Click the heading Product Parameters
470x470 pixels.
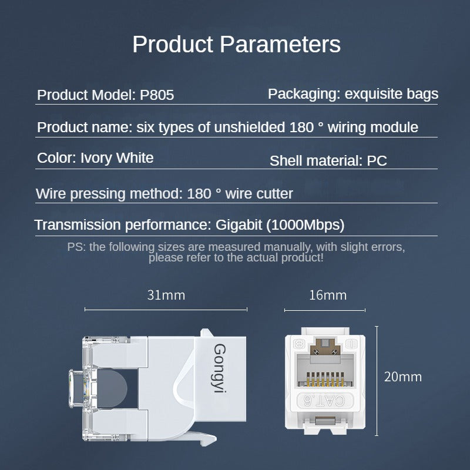point(236,45)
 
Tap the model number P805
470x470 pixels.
point(157,95)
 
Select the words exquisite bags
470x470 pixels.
point(391,93)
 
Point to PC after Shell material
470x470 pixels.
point(377,160)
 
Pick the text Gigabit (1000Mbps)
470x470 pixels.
point(280,224)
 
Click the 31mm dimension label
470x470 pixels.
point(166,295)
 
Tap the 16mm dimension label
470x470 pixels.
point(327,295)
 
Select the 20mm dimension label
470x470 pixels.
point(402,377)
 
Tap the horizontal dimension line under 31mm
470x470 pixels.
point(166,309)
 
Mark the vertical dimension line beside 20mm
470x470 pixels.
point(377,382)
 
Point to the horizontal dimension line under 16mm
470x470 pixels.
point(325,310)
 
